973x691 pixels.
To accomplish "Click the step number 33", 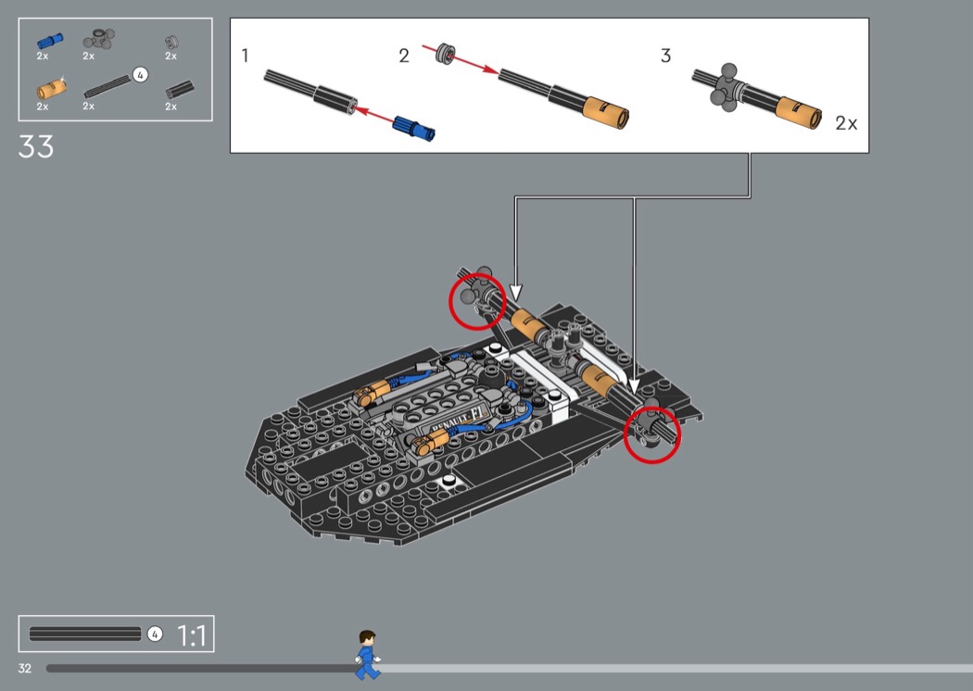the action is tap(36, 147).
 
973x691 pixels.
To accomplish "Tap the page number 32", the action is tap(25, 668).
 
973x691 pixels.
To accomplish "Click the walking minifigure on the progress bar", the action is tap(367, 655).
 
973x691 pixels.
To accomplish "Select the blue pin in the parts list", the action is tap(50, 41).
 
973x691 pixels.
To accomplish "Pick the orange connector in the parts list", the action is tap(52, 89).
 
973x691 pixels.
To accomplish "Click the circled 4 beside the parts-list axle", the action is tap(140, 75).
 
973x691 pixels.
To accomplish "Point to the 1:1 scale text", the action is tap(192, 635).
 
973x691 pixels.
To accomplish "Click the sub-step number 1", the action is tap(246, 56).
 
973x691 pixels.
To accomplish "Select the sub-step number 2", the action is tap(404, 56).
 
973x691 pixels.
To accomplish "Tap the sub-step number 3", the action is tap(666, 56).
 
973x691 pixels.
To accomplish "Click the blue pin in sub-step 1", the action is tap(414, 127).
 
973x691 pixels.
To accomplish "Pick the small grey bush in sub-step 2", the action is tap(445, 53).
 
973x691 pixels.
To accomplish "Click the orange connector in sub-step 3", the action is tap(799, 112).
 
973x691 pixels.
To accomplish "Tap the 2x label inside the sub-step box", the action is tap(846, 123).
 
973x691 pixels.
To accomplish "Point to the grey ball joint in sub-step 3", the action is tap(726, 88).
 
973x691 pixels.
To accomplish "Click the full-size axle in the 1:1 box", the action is tap(85, 634).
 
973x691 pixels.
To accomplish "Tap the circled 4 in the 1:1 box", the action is tap(155, 634).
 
